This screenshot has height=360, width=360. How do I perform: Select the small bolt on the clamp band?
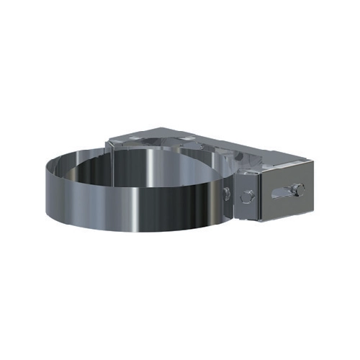tap(227, 192)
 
